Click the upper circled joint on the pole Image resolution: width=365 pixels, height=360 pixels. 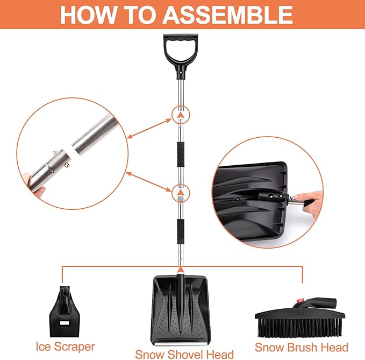[x=181, y=115]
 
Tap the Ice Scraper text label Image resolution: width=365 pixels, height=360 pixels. [x=65, y=347]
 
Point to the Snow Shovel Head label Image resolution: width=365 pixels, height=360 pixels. [x=184, y=354]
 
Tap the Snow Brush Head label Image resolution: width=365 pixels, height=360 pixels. [x=301, y=347]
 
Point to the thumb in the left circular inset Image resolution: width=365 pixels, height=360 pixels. [x=28, y=179]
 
